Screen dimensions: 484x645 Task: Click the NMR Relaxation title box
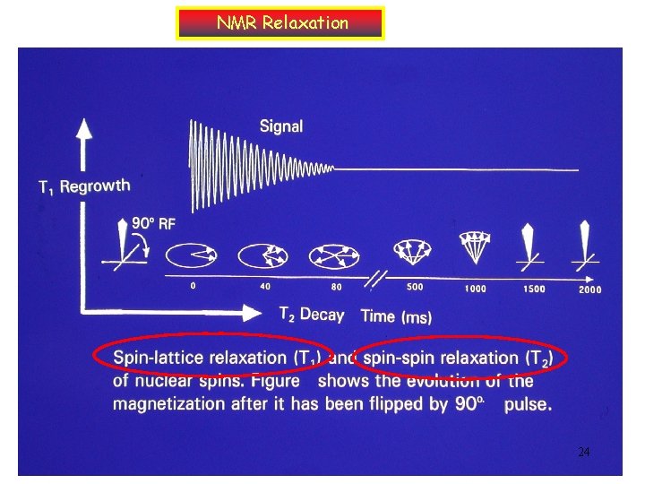pyautogui.click(x=281, y=23)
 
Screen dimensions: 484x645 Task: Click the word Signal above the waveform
pyautogui.click(x=281, y=126)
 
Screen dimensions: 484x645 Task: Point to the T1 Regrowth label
pyautogui.click(x=84, y=186)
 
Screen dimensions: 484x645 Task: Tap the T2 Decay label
pyautogui.click(x=311, y=314)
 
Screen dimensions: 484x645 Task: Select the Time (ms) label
pyautogui.click(x=396, y=315)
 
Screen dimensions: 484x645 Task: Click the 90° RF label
pyautogui.click(x=154, y=223)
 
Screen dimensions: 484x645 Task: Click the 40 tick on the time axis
pyautogui.click(x=265, y=287)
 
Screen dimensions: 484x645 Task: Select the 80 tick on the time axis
pyautogui.click(x=336, y=288)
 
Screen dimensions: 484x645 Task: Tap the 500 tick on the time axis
pyautogui.click(x=415, y=288)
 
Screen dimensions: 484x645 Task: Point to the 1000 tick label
pyautogui.click(x=476, y=289)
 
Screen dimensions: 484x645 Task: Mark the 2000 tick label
pyautogui.click(x=589, y=290)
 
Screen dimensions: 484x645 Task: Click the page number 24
pyautogui.click(x=583, y=452)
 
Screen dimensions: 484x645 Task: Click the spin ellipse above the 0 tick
pyautogui.click(x=193, y=255)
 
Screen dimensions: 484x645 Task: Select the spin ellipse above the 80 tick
pyautogui.click(x=333, y=256)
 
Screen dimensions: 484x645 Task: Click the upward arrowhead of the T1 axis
pyautogui.click(x=84, y=128)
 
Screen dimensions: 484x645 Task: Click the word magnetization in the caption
pyautogui.click(x=170, y=403)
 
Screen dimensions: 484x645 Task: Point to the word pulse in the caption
pyautogui.click(x=528, y=404)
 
